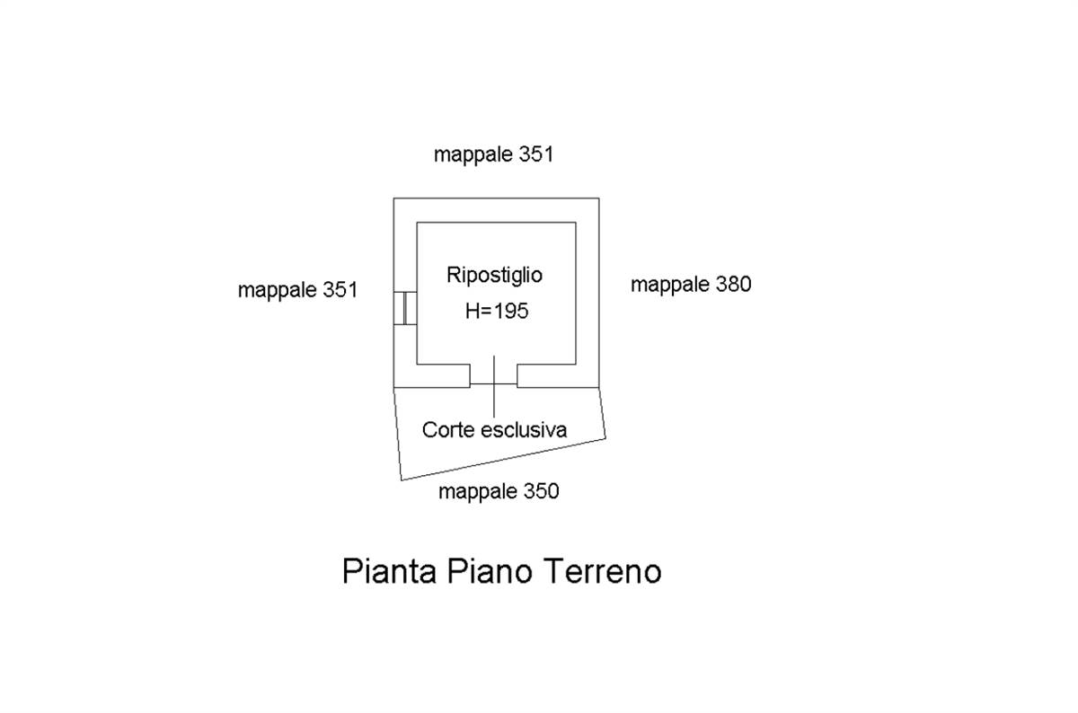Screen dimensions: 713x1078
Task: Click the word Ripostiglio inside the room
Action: [494, 276]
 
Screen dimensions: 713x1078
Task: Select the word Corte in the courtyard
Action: [446, 430]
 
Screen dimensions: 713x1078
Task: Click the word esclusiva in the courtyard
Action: [523, 430]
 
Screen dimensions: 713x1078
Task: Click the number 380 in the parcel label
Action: [733, 285]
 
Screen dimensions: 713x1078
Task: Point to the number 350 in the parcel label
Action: [541, 491]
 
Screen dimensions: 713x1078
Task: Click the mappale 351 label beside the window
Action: [297, 290]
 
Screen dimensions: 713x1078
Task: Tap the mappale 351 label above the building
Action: [493, 154]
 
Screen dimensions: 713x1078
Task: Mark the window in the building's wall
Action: [405, 308]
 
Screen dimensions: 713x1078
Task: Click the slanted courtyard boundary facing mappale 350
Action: [503, 460]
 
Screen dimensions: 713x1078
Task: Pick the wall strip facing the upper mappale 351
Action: [496, 210]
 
